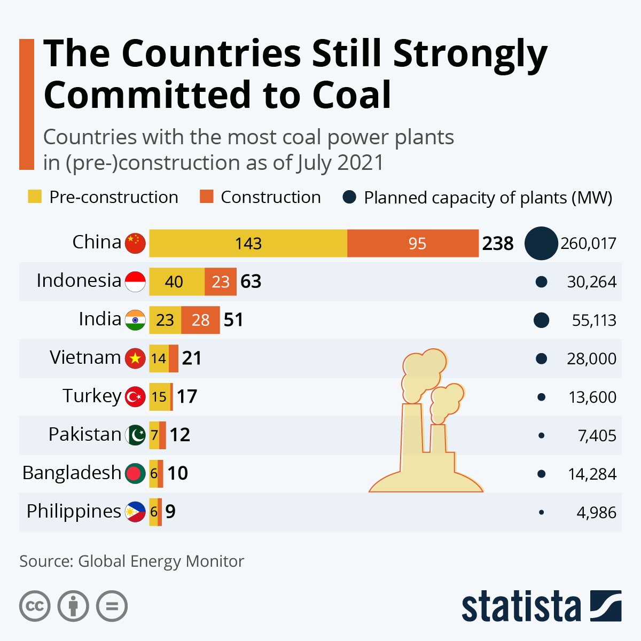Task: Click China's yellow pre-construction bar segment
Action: click(x=248, y=244)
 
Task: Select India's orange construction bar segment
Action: click(x=200, y=320)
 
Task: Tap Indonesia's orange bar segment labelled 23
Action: click(x=220, y=282)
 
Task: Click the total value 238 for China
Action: click(x=498, y=244)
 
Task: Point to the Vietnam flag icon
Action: click(x=135, y=358)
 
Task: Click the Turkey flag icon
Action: click(x=135, y=396)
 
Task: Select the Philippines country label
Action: click(x=74, y=511)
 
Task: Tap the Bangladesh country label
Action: click(x=72, y=473)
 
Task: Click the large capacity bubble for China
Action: click(x=541, y=244)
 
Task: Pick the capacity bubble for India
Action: click(x=541, y=320)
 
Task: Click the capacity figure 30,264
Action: click(x=591, y=282)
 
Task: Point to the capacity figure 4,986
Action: click(x=596, y=513)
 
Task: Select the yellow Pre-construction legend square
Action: click(x=35, y=197)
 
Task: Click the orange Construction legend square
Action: click(x=206, y=197)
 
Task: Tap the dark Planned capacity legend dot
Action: click(x=349, y=197)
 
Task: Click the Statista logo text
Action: click(x=521, y=606)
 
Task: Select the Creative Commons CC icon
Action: click(x=35, y=606)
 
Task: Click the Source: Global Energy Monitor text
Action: click(x=131, y=561)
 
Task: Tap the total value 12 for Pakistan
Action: click(x=180, y=435)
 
